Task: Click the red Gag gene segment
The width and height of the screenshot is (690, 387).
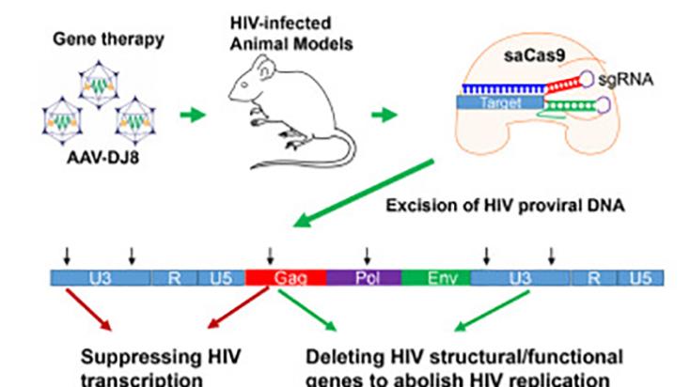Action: coord(286,278)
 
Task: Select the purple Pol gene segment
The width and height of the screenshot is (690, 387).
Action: coord(364,278)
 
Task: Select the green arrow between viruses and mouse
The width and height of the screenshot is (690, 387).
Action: coord(191,115)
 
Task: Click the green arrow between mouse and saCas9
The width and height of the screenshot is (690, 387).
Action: coord(382,115)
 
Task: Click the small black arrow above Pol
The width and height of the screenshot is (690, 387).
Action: coord(367,255)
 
